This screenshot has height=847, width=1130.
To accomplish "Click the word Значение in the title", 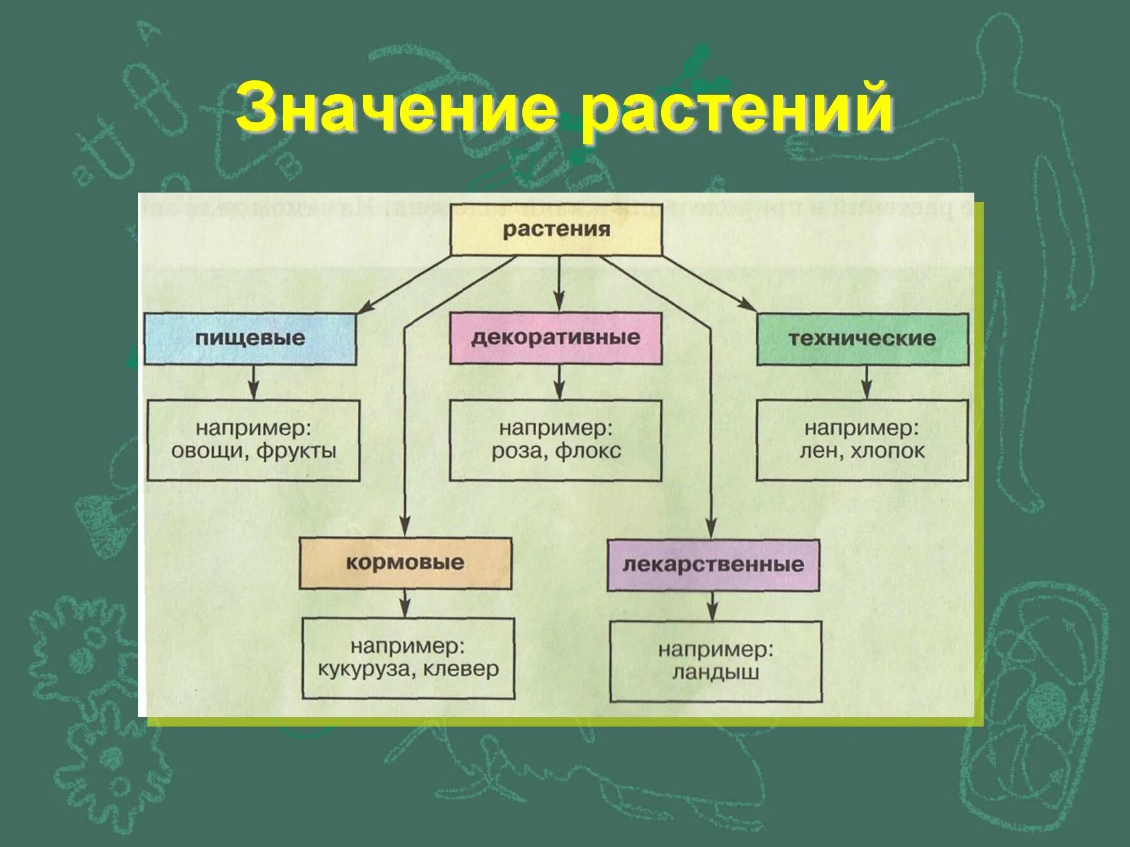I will (397, 108).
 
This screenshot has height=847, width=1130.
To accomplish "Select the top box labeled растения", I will (556, 229).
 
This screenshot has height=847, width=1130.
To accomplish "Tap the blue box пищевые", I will (250, 339).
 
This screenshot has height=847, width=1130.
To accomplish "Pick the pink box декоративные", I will (556, 338).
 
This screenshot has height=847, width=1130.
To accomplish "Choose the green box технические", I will (862, 339).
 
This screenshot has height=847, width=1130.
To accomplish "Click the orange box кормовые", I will (405, 562).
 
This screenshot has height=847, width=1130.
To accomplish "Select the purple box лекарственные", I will (713, 565).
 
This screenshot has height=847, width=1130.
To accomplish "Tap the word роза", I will (515, 451).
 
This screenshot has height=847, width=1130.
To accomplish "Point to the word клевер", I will (461, 669).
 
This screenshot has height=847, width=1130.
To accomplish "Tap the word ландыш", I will (716, 673).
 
